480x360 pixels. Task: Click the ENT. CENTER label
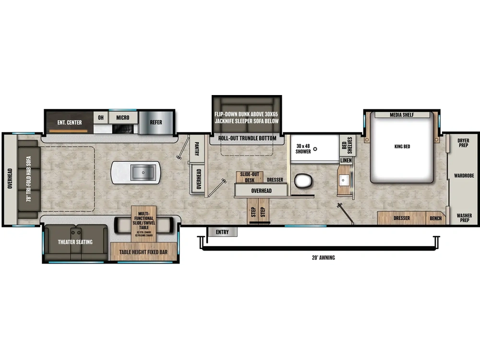pyautogui.click(x=70, y=122)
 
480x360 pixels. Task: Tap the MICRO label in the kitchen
pyautogui.click(x=122, y=118)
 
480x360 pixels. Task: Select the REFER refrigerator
pyautogui.click(x=156, y=122)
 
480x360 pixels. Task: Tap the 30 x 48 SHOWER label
pyautogui.click(x=303, y=148)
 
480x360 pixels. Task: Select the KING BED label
pyautogui.click(x=402, y=146)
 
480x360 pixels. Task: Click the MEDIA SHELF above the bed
pyautogui.click(x=402, y=115)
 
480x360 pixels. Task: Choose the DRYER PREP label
pyautogui.click(x=463, y=143)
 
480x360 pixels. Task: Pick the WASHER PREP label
pyautogui.click(x=464, y=218)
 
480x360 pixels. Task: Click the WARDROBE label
pyautogui.click(x=464, y=176)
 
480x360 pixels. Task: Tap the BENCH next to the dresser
pyautogui.click(x=436, y=218)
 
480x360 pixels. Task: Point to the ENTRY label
pyautogui.click(x=222, y=232)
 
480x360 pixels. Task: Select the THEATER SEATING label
pyautogui.click(x=75, y=242)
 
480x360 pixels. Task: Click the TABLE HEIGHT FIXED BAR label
pyautogui.click(x=143, y=252)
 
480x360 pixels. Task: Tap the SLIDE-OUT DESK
pyautogui.click(x=250, y=178)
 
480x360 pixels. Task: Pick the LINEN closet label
pyautogui.click(x=346, y=160)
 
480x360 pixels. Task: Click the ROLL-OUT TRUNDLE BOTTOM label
pyautogui.click(x=247, y=138)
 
